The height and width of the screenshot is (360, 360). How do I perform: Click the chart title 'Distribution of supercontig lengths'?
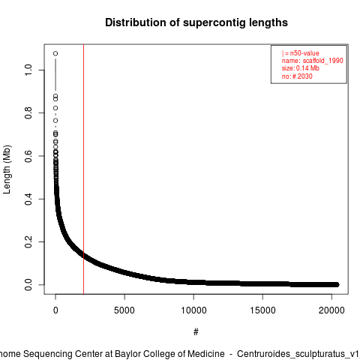point(196,22)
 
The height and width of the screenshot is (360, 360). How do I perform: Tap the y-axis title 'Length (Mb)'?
point(7,169)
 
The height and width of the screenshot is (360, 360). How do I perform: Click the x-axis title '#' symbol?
point(196,332)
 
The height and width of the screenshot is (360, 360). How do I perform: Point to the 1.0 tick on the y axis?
point(28,70)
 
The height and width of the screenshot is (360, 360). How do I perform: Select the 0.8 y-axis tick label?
point(28,113)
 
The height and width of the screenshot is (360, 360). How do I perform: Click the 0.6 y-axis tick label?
point(28,156)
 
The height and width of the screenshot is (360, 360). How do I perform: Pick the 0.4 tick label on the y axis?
point(28,199)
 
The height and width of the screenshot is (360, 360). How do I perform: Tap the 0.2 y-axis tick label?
point(28,241)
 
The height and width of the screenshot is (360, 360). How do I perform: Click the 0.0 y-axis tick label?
point(28,285)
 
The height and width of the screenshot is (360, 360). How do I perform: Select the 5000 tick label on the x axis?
point(124,310)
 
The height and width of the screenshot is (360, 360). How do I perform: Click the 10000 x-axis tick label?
point(193,310)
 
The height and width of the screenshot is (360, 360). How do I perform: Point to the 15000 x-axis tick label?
point(262,310)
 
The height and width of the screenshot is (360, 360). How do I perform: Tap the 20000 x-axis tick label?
point(331,310)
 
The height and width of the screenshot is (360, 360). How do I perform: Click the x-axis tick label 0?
point(55,310)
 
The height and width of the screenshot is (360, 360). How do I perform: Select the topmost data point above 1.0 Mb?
point(55,53)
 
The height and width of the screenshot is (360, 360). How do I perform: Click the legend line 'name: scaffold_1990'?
point(313,61)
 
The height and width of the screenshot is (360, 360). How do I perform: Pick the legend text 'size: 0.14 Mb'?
point(301,68)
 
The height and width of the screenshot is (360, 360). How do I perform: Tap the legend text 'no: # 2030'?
point(297,76)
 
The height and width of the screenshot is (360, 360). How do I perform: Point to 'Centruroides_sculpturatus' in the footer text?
point(291,354)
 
